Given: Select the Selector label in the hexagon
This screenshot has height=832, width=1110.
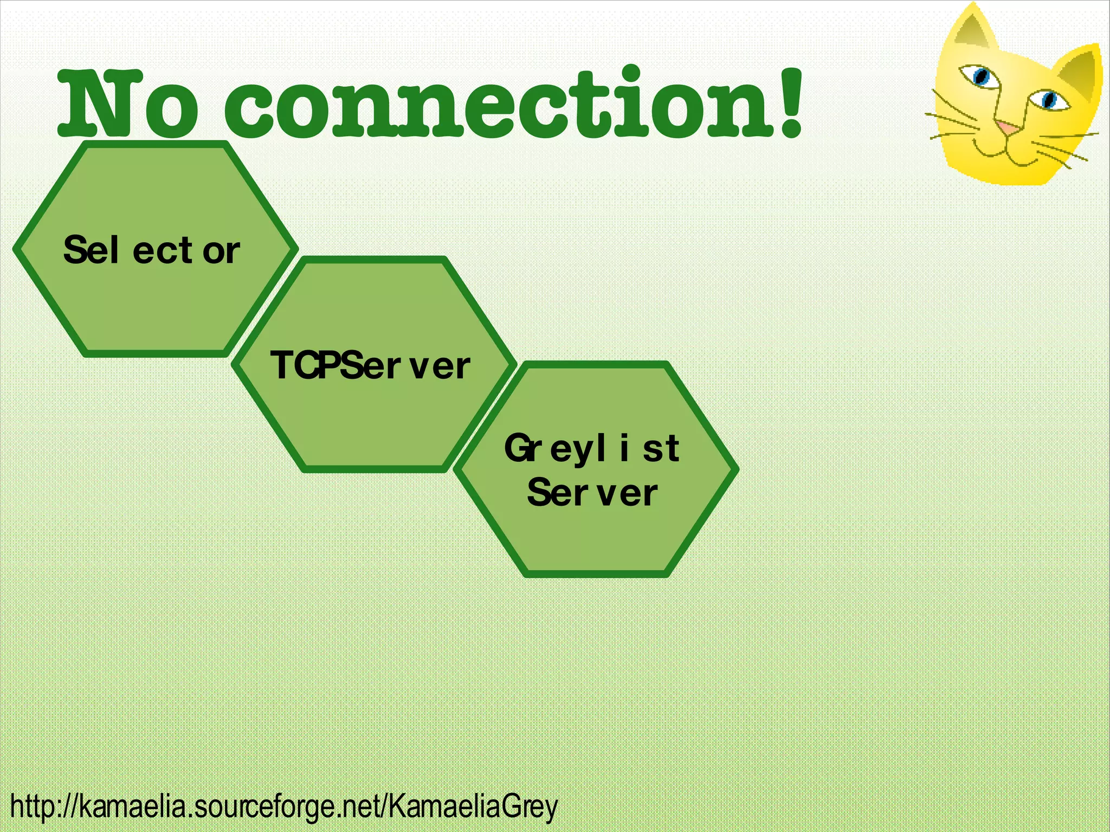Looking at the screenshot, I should coord(151,250).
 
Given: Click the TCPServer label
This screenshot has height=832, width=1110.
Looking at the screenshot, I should coord(370,365).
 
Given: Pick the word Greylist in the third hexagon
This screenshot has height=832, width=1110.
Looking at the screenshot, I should coord(591,449).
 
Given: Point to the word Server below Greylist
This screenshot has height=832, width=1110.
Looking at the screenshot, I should coord(592,493).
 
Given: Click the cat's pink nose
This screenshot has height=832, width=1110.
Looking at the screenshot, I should coord(1008,128).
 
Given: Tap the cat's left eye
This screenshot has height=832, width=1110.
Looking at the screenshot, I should coord(980,76).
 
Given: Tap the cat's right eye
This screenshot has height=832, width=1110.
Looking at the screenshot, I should coord(1049,100).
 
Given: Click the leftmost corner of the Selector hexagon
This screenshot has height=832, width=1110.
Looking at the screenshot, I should coord(16,249).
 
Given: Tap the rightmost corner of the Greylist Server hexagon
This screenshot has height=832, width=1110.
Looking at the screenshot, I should coord(735,469).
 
